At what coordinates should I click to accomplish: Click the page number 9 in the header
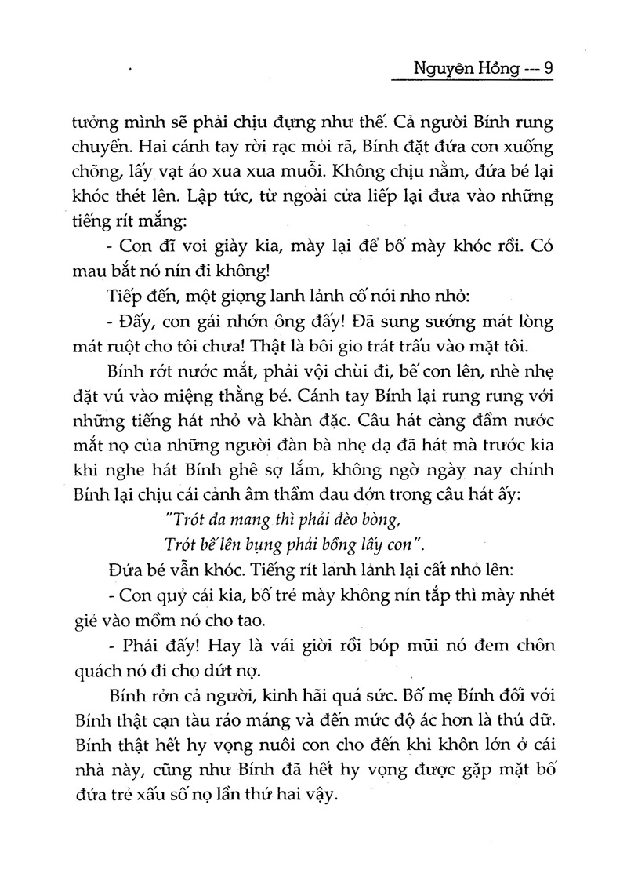click(x=548, y=68)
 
